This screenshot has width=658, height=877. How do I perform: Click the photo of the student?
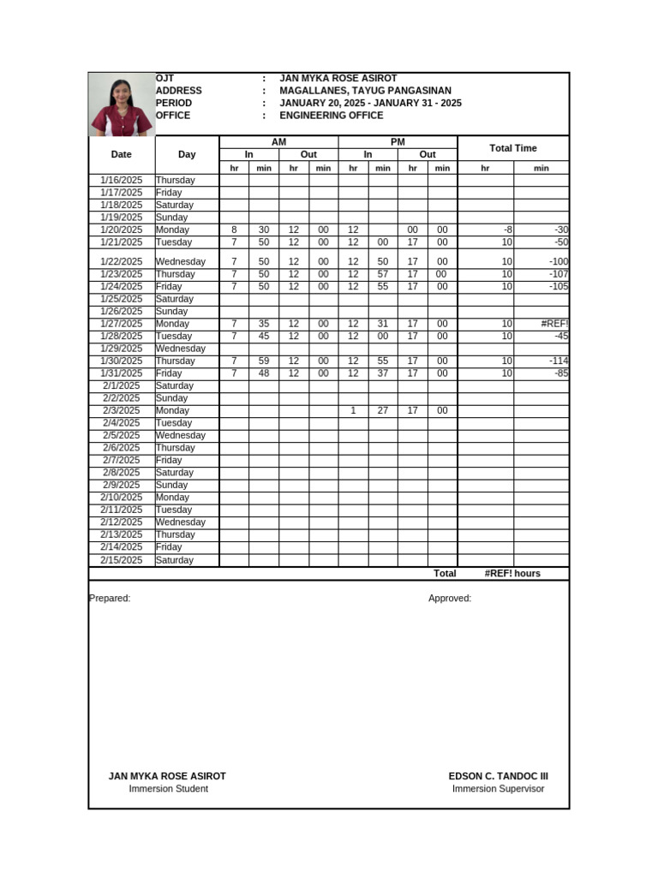122,104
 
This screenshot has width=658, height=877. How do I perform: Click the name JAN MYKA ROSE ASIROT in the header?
338,79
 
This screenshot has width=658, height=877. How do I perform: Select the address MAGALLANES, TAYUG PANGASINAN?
365,91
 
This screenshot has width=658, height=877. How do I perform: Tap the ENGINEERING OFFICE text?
331,116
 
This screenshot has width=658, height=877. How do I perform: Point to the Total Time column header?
512,148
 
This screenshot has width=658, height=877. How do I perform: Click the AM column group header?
278,142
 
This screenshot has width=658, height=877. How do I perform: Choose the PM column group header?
398,142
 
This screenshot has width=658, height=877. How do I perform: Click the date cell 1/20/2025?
122,230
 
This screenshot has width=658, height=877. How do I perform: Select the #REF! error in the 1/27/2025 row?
554,324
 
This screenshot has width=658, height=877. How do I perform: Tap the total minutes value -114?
559,361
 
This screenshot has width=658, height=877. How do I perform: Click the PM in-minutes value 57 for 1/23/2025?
383,274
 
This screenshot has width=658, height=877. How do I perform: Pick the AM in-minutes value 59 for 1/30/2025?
264,361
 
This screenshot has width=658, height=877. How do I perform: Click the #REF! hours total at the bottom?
511,574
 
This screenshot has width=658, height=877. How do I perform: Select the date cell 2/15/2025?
122,560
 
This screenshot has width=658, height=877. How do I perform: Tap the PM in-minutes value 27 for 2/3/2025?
383,411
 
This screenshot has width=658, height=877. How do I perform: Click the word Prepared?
110,599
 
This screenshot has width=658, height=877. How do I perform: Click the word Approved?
450,599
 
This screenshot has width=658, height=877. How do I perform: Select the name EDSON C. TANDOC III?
498,777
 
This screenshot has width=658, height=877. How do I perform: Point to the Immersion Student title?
168,789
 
